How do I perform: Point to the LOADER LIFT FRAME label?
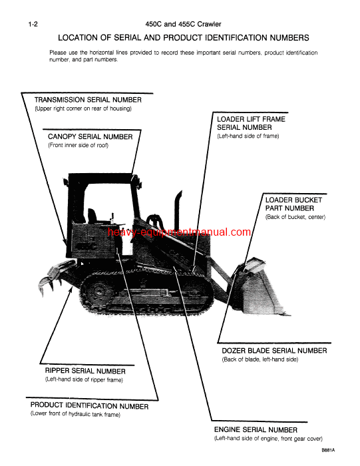click(x=252, y=119)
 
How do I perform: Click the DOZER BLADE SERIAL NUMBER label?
click(x=274, y=350)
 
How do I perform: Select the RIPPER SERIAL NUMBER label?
click(x=85, y=371)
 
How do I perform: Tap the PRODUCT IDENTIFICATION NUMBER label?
click(x=90, y=405)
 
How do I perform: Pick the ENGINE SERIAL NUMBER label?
click(x=256, y=430)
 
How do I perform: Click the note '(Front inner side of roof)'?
click(x=78, y=145)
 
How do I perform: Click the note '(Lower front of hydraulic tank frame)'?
click(x=75, y=414)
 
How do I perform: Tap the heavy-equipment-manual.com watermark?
click(x=180, y=232)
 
